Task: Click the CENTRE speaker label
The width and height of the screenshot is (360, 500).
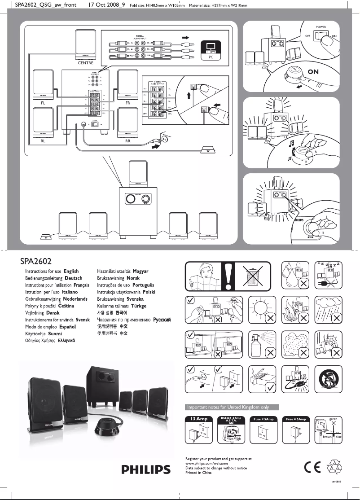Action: [x=85, y=63]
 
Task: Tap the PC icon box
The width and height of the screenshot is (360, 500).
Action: [x=210, y=50]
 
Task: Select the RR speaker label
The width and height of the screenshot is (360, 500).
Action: [x=127, y=140]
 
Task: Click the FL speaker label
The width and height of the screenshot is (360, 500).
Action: [x=43, y=102]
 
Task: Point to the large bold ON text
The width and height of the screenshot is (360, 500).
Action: [x=313, y=72]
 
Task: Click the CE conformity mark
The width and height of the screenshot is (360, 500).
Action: [x=311, y=467]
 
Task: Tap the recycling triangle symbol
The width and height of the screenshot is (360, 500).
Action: [x=334, y=467]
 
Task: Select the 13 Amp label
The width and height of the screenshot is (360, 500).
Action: [x=198, y=418]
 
